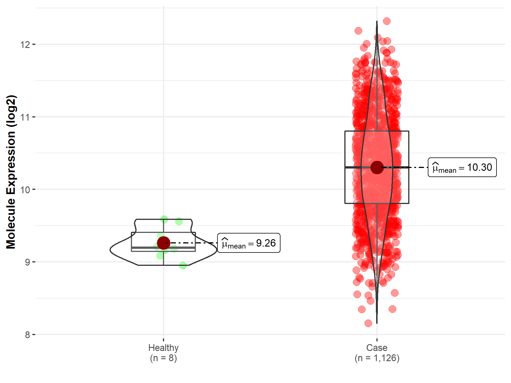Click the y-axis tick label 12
tap(25, 45)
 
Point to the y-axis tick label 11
tap(25, 117)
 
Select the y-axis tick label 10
tap(25, 190)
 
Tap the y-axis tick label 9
tap(27, 262)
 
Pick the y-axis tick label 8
tap(27, 335)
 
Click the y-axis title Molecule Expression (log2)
tap(11, 172)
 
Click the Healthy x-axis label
tap(163, 348)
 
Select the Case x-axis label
tap(377, 348)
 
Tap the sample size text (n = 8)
tap(163, 358)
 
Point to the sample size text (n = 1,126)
tap(377, 358)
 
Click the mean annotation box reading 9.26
tap(249, 243)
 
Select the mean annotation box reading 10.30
tap(462, 167)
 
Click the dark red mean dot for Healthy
tap(164, 243)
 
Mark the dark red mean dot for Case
tap(377, 167)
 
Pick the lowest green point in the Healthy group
tap(183, 265)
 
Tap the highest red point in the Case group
tap(387, 21)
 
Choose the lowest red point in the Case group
tap(368, 323)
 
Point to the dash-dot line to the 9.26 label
tap(193, 243)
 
